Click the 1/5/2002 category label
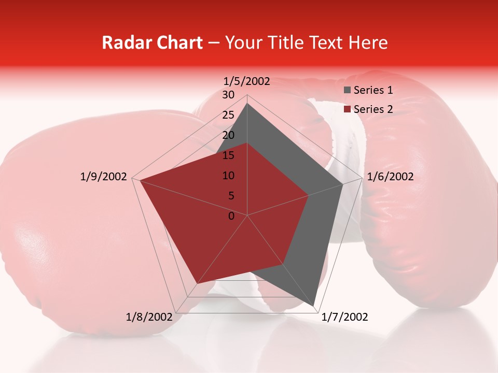pyautogui.click(x=246, y=81)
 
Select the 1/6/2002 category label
pyautogui.click(x=390, y=177)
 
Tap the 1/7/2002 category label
pyautogui.click(x=344, y=317)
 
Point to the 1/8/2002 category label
pyautogui.click(x=149, y=317)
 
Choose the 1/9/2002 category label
pyautogui.click(x=103, y=177)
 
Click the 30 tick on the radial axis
pyautogui.click(x=228, y=95)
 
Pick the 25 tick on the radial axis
pyautogui.click(x=228, y=115)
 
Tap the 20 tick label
pyautogui.click(x=228, y=135)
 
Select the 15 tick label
pyautogui.click(x=228, y=155)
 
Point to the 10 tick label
pyautogui.click(x=228, y=176)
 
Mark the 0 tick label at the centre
pyautogui.click(x=231, y=216)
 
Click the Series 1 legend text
pyautogui.click(x=373, y=90)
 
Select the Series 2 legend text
pyautogui.click(x=373, y=109)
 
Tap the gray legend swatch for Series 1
pyautogui.click(x=348, y=91)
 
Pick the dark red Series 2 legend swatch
pyautogui.click(x=348, y=109)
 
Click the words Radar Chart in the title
pyautogui.click(x=152, y=42)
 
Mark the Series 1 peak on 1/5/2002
pyautogui.click(x=247, y=104)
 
